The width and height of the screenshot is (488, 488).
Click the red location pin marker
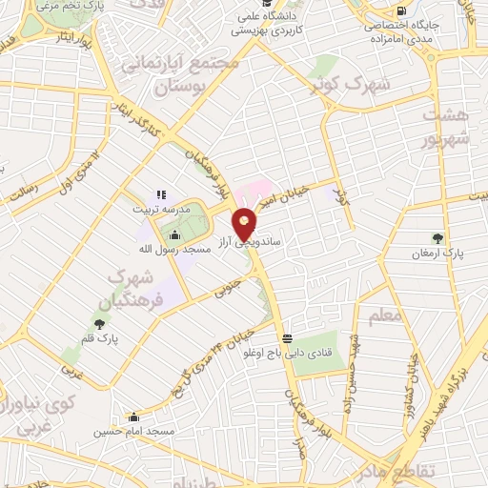click(x=246, y=223)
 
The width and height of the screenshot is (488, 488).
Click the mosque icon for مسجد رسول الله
click(x=173, y=234)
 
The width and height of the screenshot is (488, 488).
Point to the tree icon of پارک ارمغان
click(x=437, y=237)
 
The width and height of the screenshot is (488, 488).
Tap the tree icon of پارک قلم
click(x=99, y=325)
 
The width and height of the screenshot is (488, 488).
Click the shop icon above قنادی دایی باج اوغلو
click(x=287, y=338)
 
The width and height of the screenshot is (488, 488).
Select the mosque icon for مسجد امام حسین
click(x=133, y=417)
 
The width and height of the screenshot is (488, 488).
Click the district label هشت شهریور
click(x=447, y=126)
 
